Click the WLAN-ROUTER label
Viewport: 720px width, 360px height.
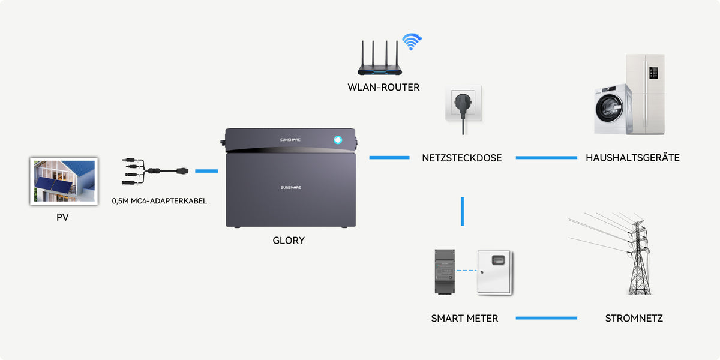pyautogui.click(x=383, y=88)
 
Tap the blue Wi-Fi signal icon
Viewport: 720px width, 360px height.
pyautogui.click(x=412, y=41)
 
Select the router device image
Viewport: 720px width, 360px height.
pyautogui.click(x=380, y=58)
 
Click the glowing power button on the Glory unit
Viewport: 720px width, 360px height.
pyautogui.click(x=338, y=140)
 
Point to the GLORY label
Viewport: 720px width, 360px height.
pyautogui.click(x=289, y=241)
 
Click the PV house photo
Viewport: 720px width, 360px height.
pyautogui.click(x=64, y=181)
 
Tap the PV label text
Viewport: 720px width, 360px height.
pyautogui.click(x=62, y=217)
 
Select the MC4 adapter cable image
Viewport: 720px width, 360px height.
pyautogui.click(x=155, y=171)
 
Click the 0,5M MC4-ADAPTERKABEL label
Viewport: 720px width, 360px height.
pyautogui.click(x=159, y=201)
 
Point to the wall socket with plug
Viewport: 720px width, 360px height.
pyautogui.click(x=463, y=106)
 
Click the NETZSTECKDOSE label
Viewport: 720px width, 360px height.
pyautogui.click(x=461, y=158)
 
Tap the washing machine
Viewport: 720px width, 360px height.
pyautogui.click(x=613, y=109)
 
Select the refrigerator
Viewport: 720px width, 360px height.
pyautogui.click(x=646, y=94)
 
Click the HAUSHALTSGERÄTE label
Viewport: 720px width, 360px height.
pyautogui.click(x=632, y=157)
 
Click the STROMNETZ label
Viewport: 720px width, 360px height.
pyautogui.click(x=634, y=318)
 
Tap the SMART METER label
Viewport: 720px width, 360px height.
pyautogui.click(x=464, y=318)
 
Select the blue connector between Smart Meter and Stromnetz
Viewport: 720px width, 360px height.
pyautogui.click(x=547, y=318)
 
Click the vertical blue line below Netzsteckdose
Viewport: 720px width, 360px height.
pyautogui.click(x=462, y=211)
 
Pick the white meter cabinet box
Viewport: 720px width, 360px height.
pyautogui.click(x=494, y=272)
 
